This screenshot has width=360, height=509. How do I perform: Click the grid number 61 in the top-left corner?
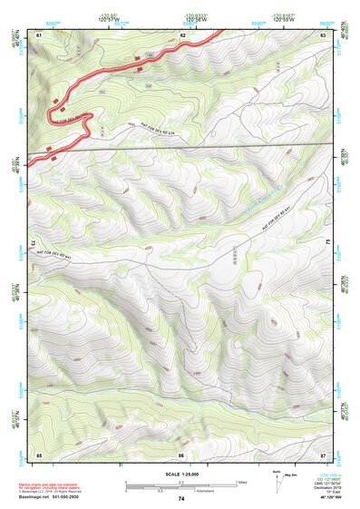(x=39, y=34)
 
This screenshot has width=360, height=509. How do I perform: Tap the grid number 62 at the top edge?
(x=182, y=34)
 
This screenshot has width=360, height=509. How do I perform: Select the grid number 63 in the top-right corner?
(x=323, y=34)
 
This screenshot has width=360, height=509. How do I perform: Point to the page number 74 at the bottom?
(x=181, y=499)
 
